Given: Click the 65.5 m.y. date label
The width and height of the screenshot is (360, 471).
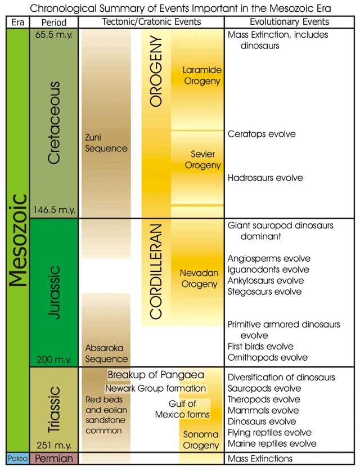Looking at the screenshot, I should [54, 35].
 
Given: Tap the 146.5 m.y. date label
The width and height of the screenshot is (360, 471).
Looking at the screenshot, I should [54, 210].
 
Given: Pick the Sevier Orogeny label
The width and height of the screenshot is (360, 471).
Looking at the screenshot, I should [202, 159].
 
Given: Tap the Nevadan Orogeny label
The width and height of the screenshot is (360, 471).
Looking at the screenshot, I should [199, 279].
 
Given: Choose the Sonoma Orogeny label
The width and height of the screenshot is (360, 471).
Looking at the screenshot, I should [201, 440].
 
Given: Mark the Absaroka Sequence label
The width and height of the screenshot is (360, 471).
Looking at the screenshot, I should [106, 353].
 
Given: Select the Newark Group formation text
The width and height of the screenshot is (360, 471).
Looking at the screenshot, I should [155, 389].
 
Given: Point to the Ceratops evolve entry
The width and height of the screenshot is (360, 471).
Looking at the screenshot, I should [262, 134].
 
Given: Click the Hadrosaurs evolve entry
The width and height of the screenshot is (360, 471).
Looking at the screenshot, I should [265, 178].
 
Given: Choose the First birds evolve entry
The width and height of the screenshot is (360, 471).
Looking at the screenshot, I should [261, 347].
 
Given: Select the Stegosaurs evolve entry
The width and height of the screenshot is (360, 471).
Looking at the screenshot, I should [265, 292].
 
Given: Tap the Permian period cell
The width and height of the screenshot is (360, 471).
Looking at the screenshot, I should [54, 459].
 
